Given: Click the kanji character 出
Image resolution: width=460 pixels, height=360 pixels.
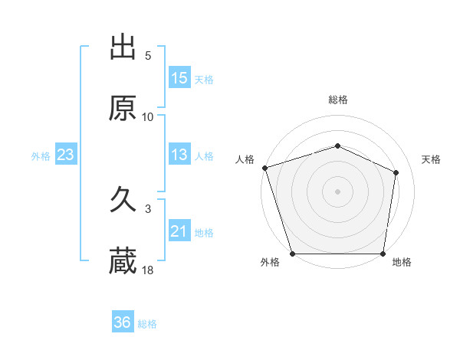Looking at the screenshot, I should pyautogui.click(x=123, y=47).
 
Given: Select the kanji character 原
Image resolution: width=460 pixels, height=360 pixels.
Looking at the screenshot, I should pyautogui.click(x=123, y=109).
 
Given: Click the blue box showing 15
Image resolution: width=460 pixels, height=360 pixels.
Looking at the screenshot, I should pyautogui.click(x=179, y=78).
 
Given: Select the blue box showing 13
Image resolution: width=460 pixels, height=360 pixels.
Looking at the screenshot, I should pyautogui.click(x=179, y=155).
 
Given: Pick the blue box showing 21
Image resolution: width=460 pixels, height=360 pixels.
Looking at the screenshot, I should pyautogui.click(x=179, y=231).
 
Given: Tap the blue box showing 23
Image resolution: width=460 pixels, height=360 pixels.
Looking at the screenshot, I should pyautogui.click(x=66, y=155).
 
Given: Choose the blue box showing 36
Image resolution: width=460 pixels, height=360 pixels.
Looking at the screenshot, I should pyautogui.click(x=123, y=322).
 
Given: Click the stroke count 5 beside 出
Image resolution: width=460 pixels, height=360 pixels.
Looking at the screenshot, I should pyautogui.click(x=148, y=55).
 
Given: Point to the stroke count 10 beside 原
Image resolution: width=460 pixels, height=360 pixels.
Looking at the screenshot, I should pyautogui.click(x=148, y=116).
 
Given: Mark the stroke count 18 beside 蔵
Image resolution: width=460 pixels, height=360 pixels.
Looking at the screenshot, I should pyautogui.click(x=148, y=270).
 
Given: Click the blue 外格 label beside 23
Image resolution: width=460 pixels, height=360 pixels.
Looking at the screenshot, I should pyautogui.click(x=41, y=155).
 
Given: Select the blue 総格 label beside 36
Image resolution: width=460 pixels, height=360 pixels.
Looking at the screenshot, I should pyautogui.click(x=147, y=323).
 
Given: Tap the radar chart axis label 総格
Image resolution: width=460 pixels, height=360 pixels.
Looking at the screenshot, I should pyautogui.click(x=338, y=100).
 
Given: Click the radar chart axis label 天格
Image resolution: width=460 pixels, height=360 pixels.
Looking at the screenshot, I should pyautogui.click(x=432, y=159).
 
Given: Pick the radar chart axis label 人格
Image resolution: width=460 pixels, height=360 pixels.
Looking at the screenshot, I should pyautogui.click(x=245, y=159).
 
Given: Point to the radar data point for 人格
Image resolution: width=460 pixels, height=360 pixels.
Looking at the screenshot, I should pyautogui.click(x=264, y=168).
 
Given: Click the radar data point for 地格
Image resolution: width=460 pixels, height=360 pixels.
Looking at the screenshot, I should pyautogui.click(x=383, y=254).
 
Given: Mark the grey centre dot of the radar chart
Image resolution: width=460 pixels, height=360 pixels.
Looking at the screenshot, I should pyautogui.click(x=338, y=191).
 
